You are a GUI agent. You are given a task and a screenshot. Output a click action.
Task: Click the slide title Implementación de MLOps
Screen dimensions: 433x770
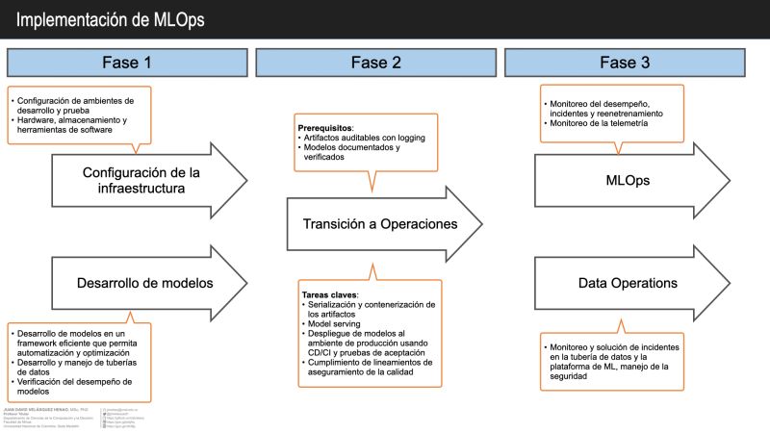pos(110,19)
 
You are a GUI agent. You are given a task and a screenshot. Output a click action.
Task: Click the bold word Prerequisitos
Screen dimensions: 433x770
pos(325,128)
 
